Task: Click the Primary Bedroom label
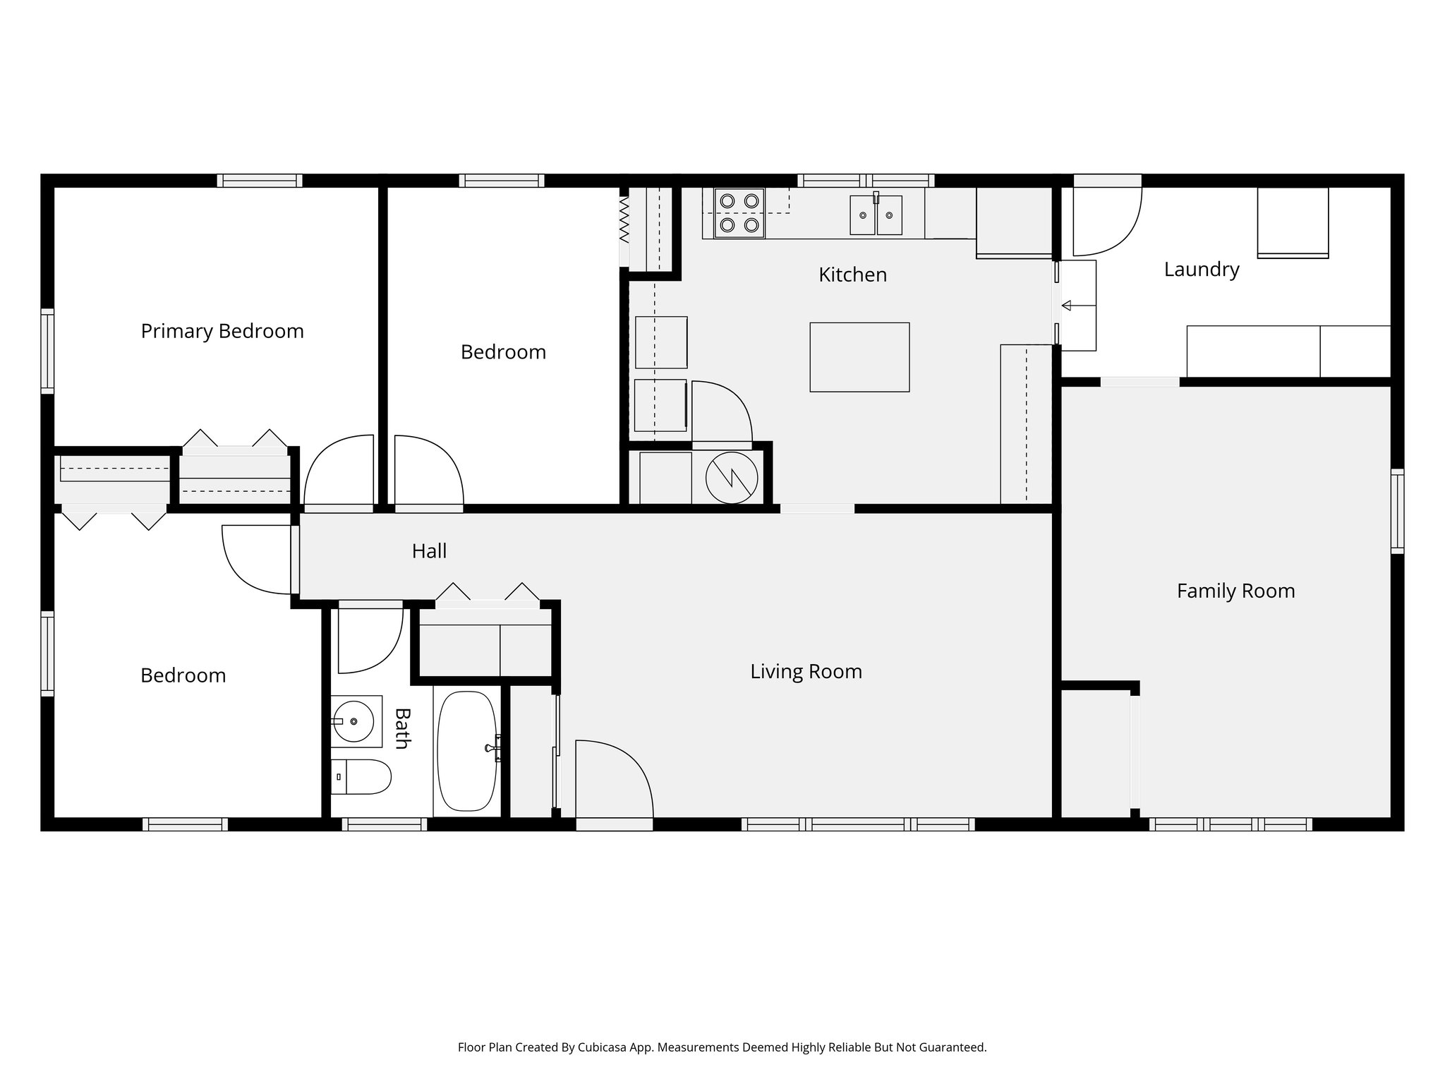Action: pos(222,331)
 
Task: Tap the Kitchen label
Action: pos(852,275)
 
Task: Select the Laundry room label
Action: pos(1201,270)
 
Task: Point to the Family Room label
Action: pos(1235,591)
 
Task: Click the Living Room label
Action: pos(806,671)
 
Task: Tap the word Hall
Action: pos(429,551)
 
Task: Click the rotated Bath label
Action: pos(401,728)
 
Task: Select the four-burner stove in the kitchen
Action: pos(739,213)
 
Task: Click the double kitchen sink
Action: pos(876,215)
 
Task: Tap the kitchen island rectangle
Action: pos(859,357)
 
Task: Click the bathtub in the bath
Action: pos(467,750)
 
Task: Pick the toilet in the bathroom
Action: pos(361,776)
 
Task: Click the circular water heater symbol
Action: pos(732,478)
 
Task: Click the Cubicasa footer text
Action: pos(722,1047)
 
